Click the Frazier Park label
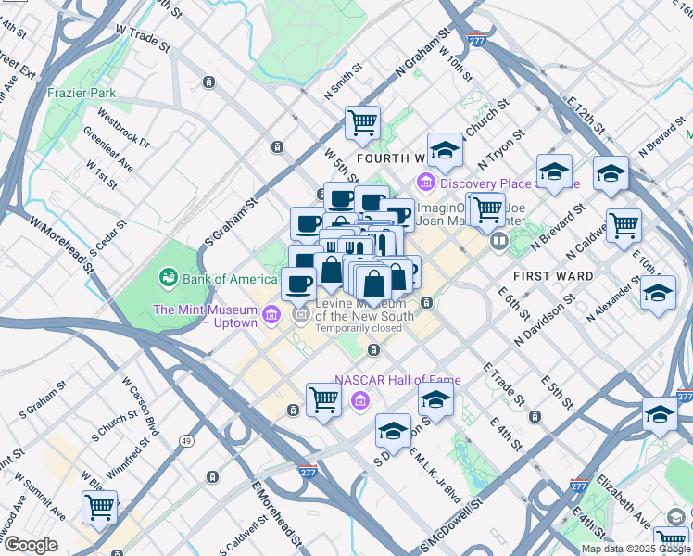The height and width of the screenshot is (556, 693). (x=83, y=93)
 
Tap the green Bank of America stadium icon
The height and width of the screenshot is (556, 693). (x=168, y=276)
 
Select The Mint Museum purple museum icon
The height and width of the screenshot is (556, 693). (x=270, y=315)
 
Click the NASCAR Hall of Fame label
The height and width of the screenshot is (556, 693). (x=397, y=380)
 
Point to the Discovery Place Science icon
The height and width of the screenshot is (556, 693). (x=426, y=182)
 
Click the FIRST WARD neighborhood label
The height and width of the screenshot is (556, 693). (x=552, y=276)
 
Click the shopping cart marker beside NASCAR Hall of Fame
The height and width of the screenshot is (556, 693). (x=323, y=399)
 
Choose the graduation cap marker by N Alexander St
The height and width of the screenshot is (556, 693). (x=658, y=292)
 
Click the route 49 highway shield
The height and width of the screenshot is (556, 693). (x=186, y=440)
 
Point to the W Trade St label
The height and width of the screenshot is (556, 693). (x=142, y=37)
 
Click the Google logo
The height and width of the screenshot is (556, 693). (x=31, y=545)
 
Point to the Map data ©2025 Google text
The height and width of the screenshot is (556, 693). (x=636, y=549)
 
